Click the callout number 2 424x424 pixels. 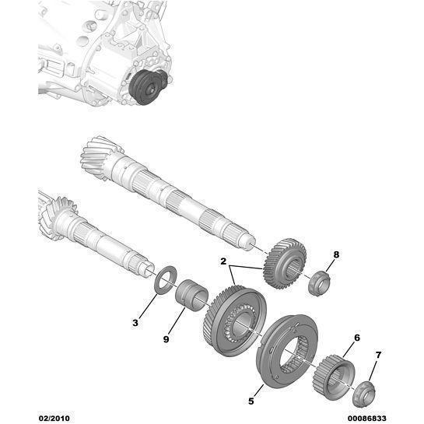pos(223,261)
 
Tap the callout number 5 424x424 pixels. pos(251,401)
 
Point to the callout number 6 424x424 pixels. pos(357,338)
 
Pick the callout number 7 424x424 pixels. pos(379,356)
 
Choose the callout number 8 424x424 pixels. pos(336,254)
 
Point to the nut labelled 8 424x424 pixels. pos(317,282)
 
